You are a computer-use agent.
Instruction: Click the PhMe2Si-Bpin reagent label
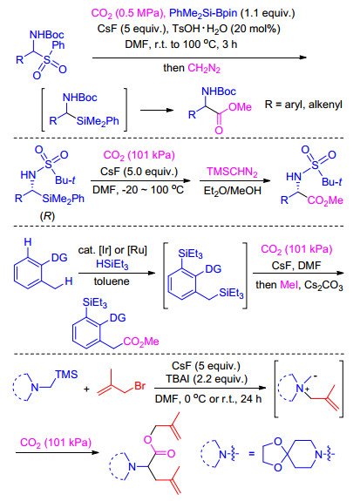click(x=203, y=13)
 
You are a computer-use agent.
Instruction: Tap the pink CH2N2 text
click(x=204, y=68)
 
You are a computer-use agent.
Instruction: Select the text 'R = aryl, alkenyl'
click(x=303, y=105)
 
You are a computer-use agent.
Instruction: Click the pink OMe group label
click(x=240, y=107)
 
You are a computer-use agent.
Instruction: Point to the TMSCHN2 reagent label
click(x=232, y=172)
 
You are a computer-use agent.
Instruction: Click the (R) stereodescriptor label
click(x=47, y=216)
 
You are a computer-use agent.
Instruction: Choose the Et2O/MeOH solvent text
click(x=233, y=191)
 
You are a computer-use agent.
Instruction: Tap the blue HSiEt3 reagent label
click(x=112, y=265)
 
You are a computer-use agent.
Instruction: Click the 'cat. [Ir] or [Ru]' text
click(x=112, y=250)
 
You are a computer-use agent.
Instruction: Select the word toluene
click(x=112, y=281)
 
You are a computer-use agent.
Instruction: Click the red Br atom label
click(x=140, y=386)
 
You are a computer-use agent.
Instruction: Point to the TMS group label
click(x=66, y=374)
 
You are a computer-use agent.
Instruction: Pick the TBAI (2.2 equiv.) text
click(x=207, y=379)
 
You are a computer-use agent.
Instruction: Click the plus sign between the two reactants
click(x=86, y=389)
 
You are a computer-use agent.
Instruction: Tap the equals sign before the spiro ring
click(x=252, y=453)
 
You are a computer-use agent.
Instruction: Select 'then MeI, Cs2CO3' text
click(x=299, y=285)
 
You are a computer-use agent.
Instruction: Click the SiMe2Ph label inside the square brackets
click(x=98, y=121)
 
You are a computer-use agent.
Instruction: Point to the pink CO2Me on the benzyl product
click(x=141, y=342)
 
